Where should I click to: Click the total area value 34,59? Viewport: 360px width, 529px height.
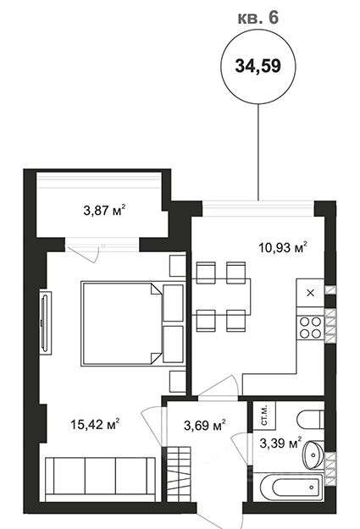[258, 66]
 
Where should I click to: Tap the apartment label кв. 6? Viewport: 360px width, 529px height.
[258, 17]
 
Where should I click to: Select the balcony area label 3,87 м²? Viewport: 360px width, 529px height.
[104, 211]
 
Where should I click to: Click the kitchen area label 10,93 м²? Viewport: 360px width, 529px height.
[283, 247]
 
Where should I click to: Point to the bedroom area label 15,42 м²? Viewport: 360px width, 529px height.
[95, 424]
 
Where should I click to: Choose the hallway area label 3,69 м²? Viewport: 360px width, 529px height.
[205, 425]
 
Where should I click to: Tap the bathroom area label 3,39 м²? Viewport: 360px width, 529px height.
[280, 443]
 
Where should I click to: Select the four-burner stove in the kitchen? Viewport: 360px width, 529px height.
[310, 328]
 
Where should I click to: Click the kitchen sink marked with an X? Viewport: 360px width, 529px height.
[310, 293]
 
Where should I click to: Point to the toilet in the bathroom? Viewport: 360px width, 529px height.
[311, 419]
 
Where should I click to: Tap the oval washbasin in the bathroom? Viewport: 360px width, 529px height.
[313, 455]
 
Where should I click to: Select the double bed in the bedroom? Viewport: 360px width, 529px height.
[133, 323]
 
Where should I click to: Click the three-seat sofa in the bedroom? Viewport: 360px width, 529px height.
[100, 479]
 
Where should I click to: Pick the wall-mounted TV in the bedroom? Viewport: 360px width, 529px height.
[45, 322]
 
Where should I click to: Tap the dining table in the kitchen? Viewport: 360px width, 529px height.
[221, 297]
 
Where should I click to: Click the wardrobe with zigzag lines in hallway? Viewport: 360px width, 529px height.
[180, 474]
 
